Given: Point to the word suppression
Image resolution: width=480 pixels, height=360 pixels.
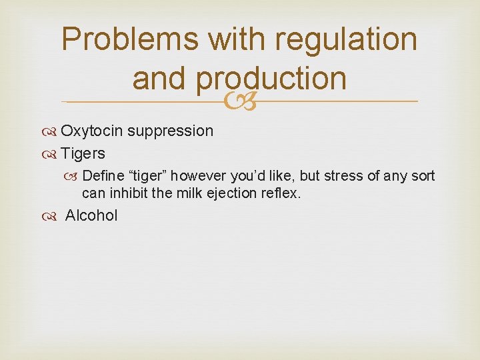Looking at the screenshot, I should point(171,131).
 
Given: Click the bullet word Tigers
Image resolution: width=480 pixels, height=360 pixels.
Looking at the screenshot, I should point(83,153).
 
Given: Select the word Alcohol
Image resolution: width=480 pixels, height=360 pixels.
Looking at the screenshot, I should point(91,215).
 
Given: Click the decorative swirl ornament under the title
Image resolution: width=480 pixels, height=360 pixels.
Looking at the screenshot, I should point(239,101).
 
